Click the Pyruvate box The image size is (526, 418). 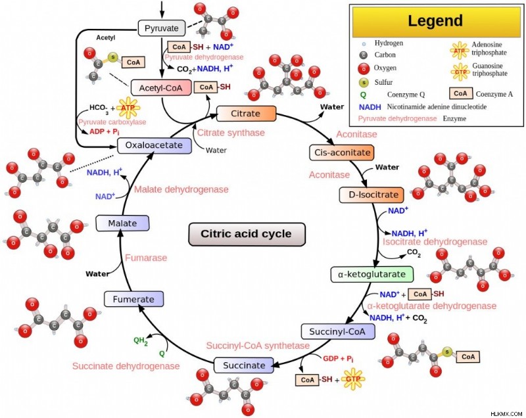[x=162, y=28]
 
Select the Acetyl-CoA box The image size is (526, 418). [x=161, y=88]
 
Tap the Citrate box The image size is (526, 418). [x=246, y=114]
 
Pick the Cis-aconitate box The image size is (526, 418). [x=342, y=152]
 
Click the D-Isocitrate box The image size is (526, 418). [x=371, y=195]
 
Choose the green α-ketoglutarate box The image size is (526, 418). [x=372, y=274]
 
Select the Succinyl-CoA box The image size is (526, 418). [x=338, y=331]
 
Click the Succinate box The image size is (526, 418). [x=243, y=365]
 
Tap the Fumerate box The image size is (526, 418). [x=134, y=299]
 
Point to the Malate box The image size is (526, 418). [x=122, y=223]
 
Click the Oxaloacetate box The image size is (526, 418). [x=155, y=145]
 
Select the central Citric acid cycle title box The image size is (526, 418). [x=247, y=234]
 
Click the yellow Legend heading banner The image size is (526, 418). [x=436, y=21]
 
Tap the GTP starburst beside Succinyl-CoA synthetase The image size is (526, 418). [x=353, y=379]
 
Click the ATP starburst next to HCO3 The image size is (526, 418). [x=128, y=108]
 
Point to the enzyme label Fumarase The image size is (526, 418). [x=146, y=258]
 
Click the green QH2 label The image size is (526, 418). [x=141, y=341]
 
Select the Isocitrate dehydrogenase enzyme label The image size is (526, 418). [x=435, y=242]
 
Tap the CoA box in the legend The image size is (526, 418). [x=461, y=93]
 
